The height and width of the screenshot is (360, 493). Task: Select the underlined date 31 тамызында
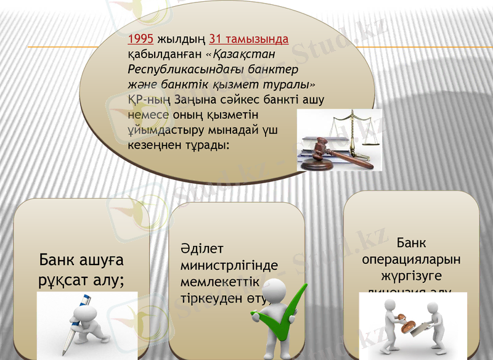pos(249,39)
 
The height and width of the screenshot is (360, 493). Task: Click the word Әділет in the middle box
pos(202,249)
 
